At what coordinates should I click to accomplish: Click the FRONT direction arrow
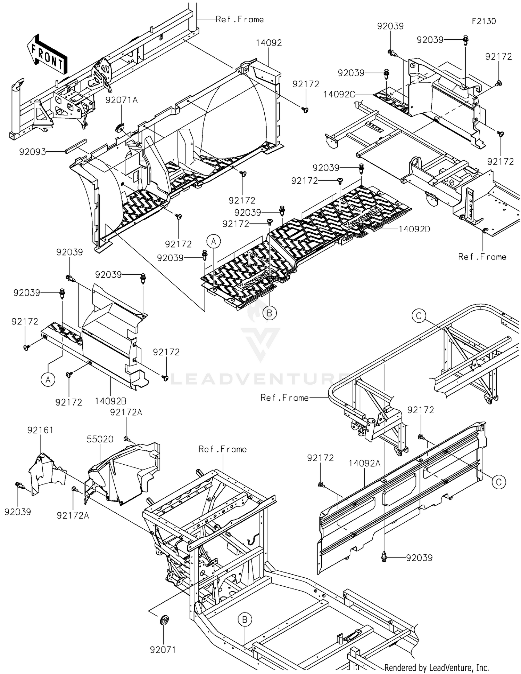click(x=47, y=54)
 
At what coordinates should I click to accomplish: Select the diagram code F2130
click(x=483, y=21)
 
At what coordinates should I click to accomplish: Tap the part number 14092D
click(x=414, y=229)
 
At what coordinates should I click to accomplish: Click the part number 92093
click(x=32, y=152)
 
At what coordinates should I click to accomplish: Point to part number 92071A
click(x=121, y=100)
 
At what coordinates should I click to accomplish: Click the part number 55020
click(x=100, y=439)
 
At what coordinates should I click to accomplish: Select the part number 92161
click(x=40, y=430)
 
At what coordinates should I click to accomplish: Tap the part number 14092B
click(x=110, y=401)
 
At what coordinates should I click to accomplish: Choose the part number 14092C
click(x=339, y=94)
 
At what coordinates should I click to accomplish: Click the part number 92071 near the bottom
click(x=163, y=649)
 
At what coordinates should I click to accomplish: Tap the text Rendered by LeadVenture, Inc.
click(x=437, y=667)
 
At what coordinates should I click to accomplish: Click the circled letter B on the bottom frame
click(x=245, y=619)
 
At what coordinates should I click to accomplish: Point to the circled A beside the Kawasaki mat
click(x=214, y=241)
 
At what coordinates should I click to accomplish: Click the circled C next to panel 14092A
click(x=499, y=482)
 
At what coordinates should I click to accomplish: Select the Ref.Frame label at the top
click(x=239, y=19)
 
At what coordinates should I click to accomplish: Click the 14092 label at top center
click(x=268, y=43)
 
